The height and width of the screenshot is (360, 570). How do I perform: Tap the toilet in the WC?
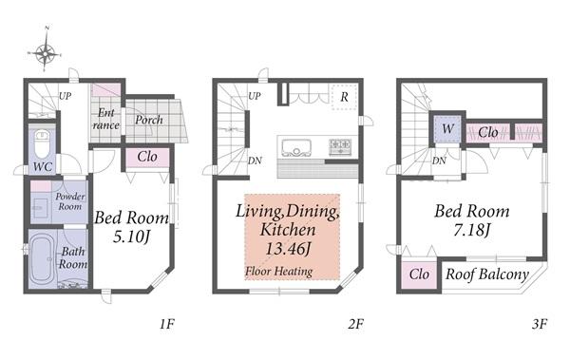pyautogui.click(x=42, y=143)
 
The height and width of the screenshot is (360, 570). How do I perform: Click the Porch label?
pyautogui.click(x=149, y=120)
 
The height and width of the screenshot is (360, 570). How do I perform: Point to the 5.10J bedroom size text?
pyautogui.click(x=132, y=237)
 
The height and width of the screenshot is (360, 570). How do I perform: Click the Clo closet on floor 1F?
pyautogui.click(x=147, y=157)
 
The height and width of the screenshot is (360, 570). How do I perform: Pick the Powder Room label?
pyautogui.click(x=70, y=201)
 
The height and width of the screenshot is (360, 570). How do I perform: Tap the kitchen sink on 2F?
pyautogui.click(x=296, y=148)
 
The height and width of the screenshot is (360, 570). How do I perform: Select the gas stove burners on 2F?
pyautogui.click(x=341, y=147)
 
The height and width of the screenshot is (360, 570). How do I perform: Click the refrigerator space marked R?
pyautogui.click(x=344, y=97)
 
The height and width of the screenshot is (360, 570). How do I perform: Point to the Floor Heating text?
pyautogui.click(x=278, y=272)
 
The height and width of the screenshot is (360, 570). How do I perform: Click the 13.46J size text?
pyautogui.click(x=288, y=249)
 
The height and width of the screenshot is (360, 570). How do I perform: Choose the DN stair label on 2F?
pyautogui.click(x=255, y=161)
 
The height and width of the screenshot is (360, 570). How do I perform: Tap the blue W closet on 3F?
pyautogui.click(x=447, y=129)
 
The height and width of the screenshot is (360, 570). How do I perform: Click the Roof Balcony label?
pyautogui.click(x=487, y=275)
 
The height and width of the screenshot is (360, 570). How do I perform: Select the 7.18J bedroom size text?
pyautogui.click(x=471, y=230)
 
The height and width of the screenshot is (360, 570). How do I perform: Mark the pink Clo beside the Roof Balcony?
pyautogui.click(x=419, y=275)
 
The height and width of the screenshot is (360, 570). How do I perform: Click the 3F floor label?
pyautogui.click(x=540, y=324)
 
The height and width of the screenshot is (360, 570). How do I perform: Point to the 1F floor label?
pyautogui.click(x=167, y=324)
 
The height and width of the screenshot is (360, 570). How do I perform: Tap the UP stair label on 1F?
pyautogui.click(x=65, y=96)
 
